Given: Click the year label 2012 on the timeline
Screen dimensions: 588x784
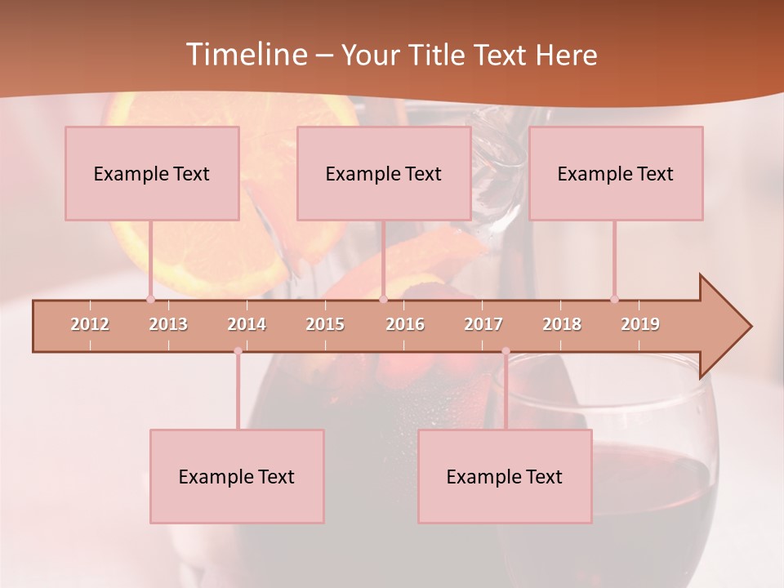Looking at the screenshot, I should coord(90,324).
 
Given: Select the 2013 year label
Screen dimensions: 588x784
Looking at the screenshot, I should coord(168,324).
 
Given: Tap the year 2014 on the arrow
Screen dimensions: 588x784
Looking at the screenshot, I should coord(247,324).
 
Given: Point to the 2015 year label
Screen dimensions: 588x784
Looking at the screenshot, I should coord(325,324).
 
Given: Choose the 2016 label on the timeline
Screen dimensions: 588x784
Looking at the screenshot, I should coord(405,324).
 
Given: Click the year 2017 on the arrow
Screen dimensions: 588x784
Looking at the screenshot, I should coord(483,324).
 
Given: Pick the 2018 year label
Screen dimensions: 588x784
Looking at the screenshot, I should coord(562,324).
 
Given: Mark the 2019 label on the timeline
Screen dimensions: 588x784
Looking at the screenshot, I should coord(640,324).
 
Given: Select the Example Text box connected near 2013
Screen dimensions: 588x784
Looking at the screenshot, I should coord(152,173).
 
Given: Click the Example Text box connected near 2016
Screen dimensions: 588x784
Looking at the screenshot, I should coord(384,173).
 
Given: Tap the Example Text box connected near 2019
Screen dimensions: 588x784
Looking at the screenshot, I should coord(616,173).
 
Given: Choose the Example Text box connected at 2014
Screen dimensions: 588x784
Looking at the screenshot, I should coord(237,476).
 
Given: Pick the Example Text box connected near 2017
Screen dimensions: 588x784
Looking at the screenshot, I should coord(505,476).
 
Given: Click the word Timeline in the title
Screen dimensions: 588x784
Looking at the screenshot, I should coord(245,55).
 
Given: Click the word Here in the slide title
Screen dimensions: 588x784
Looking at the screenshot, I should coord(566,56).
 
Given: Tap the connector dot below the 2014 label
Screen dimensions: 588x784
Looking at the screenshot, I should coord(238,351).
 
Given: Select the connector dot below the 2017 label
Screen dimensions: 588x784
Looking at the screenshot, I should coord(506,351).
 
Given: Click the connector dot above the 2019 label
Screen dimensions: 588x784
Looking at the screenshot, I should coord(614,299).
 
